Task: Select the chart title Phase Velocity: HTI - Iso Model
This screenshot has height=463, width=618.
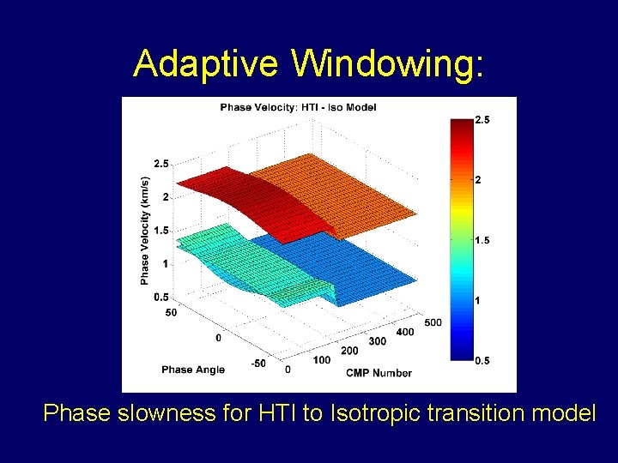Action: pos(298,107)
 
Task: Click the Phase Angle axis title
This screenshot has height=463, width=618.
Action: pos(193,370)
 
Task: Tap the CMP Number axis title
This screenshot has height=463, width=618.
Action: pos(379,373)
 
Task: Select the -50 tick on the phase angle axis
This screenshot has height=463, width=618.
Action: pos(257,364)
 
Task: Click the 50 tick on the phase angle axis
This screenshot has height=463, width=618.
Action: pos(171,312)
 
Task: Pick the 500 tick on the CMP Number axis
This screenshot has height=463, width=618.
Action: pos(433,322)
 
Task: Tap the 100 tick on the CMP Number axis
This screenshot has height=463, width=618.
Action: pos(321,360)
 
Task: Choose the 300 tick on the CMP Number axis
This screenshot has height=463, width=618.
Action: pos(378,341)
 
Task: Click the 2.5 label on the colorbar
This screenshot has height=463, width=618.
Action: pos(482,121)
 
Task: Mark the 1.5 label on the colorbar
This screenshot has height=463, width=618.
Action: pos(482,241)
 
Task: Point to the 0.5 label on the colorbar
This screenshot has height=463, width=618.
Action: pos(482,361)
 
